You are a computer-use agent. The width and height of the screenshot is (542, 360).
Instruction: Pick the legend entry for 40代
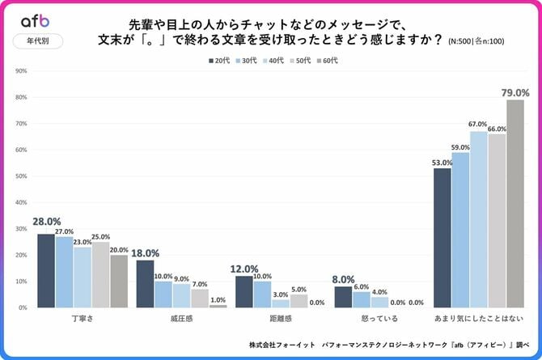tap(272, 60)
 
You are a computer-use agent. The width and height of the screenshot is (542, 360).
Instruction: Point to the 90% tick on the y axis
tap(21, 71)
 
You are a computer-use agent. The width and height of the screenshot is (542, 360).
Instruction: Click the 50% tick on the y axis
tap(21, 176)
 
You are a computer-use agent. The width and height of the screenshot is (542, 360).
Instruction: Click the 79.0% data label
tap(514, 92)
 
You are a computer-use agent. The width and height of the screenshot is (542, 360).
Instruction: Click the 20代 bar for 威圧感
tap(145, 283)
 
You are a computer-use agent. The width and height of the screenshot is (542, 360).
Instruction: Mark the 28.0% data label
tap(45, 222)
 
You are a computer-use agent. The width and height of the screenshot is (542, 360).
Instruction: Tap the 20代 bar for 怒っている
tap(343, 297)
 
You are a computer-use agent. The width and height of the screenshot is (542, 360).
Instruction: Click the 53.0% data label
tap(442, 162)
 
